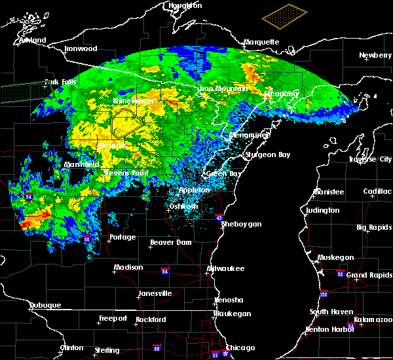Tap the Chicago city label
click(240, 348)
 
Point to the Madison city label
click(128, 267)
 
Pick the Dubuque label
click(45, 306)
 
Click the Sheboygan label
click(241, 224)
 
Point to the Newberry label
click(375, 55)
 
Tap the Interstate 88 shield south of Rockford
click(157, 348)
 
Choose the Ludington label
click(322, 210)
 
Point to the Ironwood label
click(81, 48)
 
